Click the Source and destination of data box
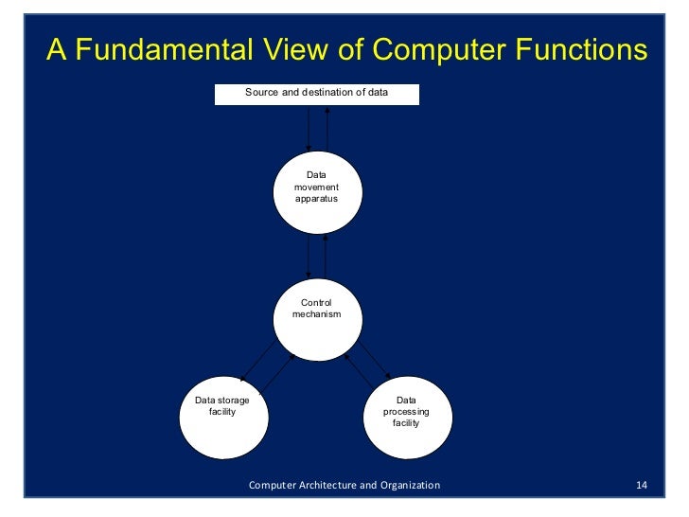click(x=316, y=94)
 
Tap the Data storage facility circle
click(x=221, y=421)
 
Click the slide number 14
click(x=642, y=486)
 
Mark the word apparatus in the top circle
click(x=316, y=200)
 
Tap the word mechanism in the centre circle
click(x=316, y=313)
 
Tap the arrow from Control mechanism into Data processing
click(x=379, y=369)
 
